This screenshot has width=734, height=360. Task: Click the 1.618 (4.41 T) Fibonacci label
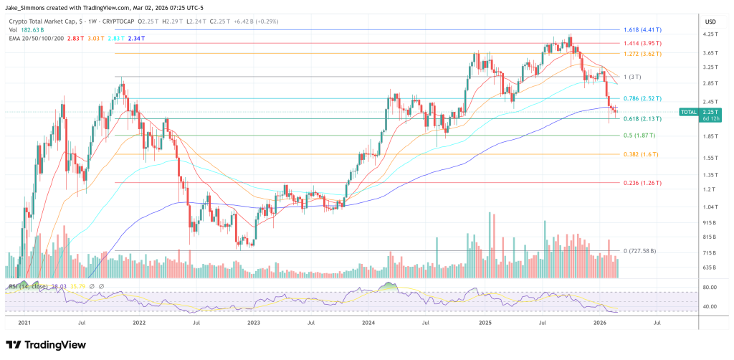[642, 30]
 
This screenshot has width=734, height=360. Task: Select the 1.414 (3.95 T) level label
[642, 43]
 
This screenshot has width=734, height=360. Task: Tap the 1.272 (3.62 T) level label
[642, 53]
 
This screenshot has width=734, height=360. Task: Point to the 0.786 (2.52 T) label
[642, 98]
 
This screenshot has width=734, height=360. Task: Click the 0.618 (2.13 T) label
[642, 118]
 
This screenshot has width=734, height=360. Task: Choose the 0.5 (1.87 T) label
[638, 135]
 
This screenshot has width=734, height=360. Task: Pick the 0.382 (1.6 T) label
[638, 153]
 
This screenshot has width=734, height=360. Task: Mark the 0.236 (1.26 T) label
[642, 182]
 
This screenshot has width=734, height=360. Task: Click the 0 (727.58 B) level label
[638, 251]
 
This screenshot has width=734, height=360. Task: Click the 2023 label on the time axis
[254, 323]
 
